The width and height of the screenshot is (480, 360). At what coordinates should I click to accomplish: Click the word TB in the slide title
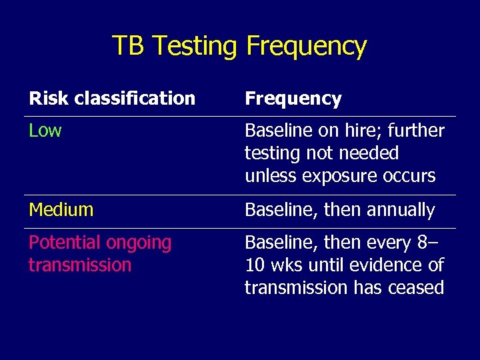[127, 46]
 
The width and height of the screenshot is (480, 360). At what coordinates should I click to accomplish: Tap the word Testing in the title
[194, 46]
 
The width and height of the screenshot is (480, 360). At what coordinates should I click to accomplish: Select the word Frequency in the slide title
[306, 46]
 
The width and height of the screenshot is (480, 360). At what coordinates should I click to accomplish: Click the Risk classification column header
[112, 99]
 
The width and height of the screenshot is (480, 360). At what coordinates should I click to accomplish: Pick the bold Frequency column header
[293, 99]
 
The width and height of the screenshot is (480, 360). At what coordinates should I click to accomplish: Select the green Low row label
[45, 131]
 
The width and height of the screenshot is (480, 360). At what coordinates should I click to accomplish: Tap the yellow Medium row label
[61, 210]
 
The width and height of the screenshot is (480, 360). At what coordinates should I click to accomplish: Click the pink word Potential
[65, 243]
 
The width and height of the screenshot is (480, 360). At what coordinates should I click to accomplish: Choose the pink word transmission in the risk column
[80, 265]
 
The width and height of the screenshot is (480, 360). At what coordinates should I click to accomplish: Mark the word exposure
[333, 177]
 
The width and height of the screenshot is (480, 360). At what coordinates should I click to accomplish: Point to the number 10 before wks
[255, 265]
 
